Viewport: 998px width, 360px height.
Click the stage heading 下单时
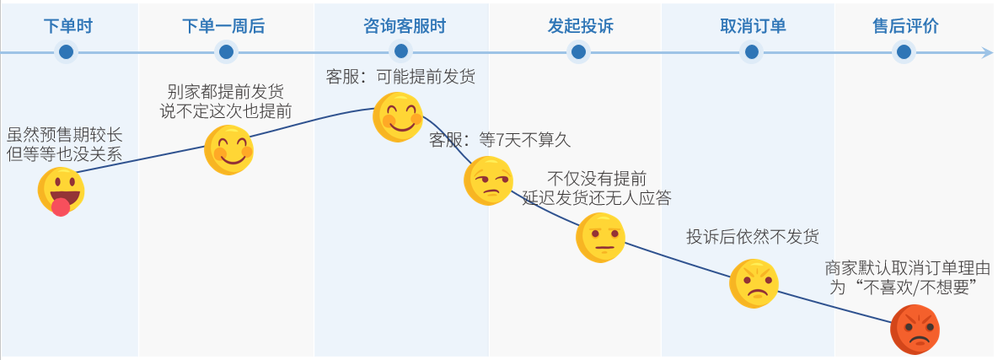click(67, 25)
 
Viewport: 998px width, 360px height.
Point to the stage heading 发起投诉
click(580, 25)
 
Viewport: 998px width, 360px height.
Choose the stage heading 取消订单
click(753, 25)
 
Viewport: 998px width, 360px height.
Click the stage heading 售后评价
click(905, 25)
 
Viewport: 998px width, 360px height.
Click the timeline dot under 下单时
click(67, 52)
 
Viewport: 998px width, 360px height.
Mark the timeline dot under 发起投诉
click(578, 52)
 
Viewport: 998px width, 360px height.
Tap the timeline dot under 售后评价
click(904, 52)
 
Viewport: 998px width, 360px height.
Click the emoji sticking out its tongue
click(61, 191)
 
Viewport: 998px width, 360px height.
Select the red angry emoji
click(915, 328)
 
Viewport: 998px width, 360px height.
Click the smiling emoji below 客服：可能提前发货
click(398, 116)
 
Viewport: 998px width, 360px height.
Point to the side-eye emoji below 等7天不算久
click(488, 180)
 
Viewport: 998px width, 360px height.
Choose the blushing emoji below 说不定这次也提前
click(228, 150)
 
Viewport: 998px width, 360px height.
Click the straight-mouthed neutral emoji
click(600, 237)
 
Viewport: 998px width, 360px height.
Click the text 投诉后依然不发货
click(752, 236)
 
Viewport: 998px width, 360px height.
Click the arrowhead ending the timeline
click(988, 52)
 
